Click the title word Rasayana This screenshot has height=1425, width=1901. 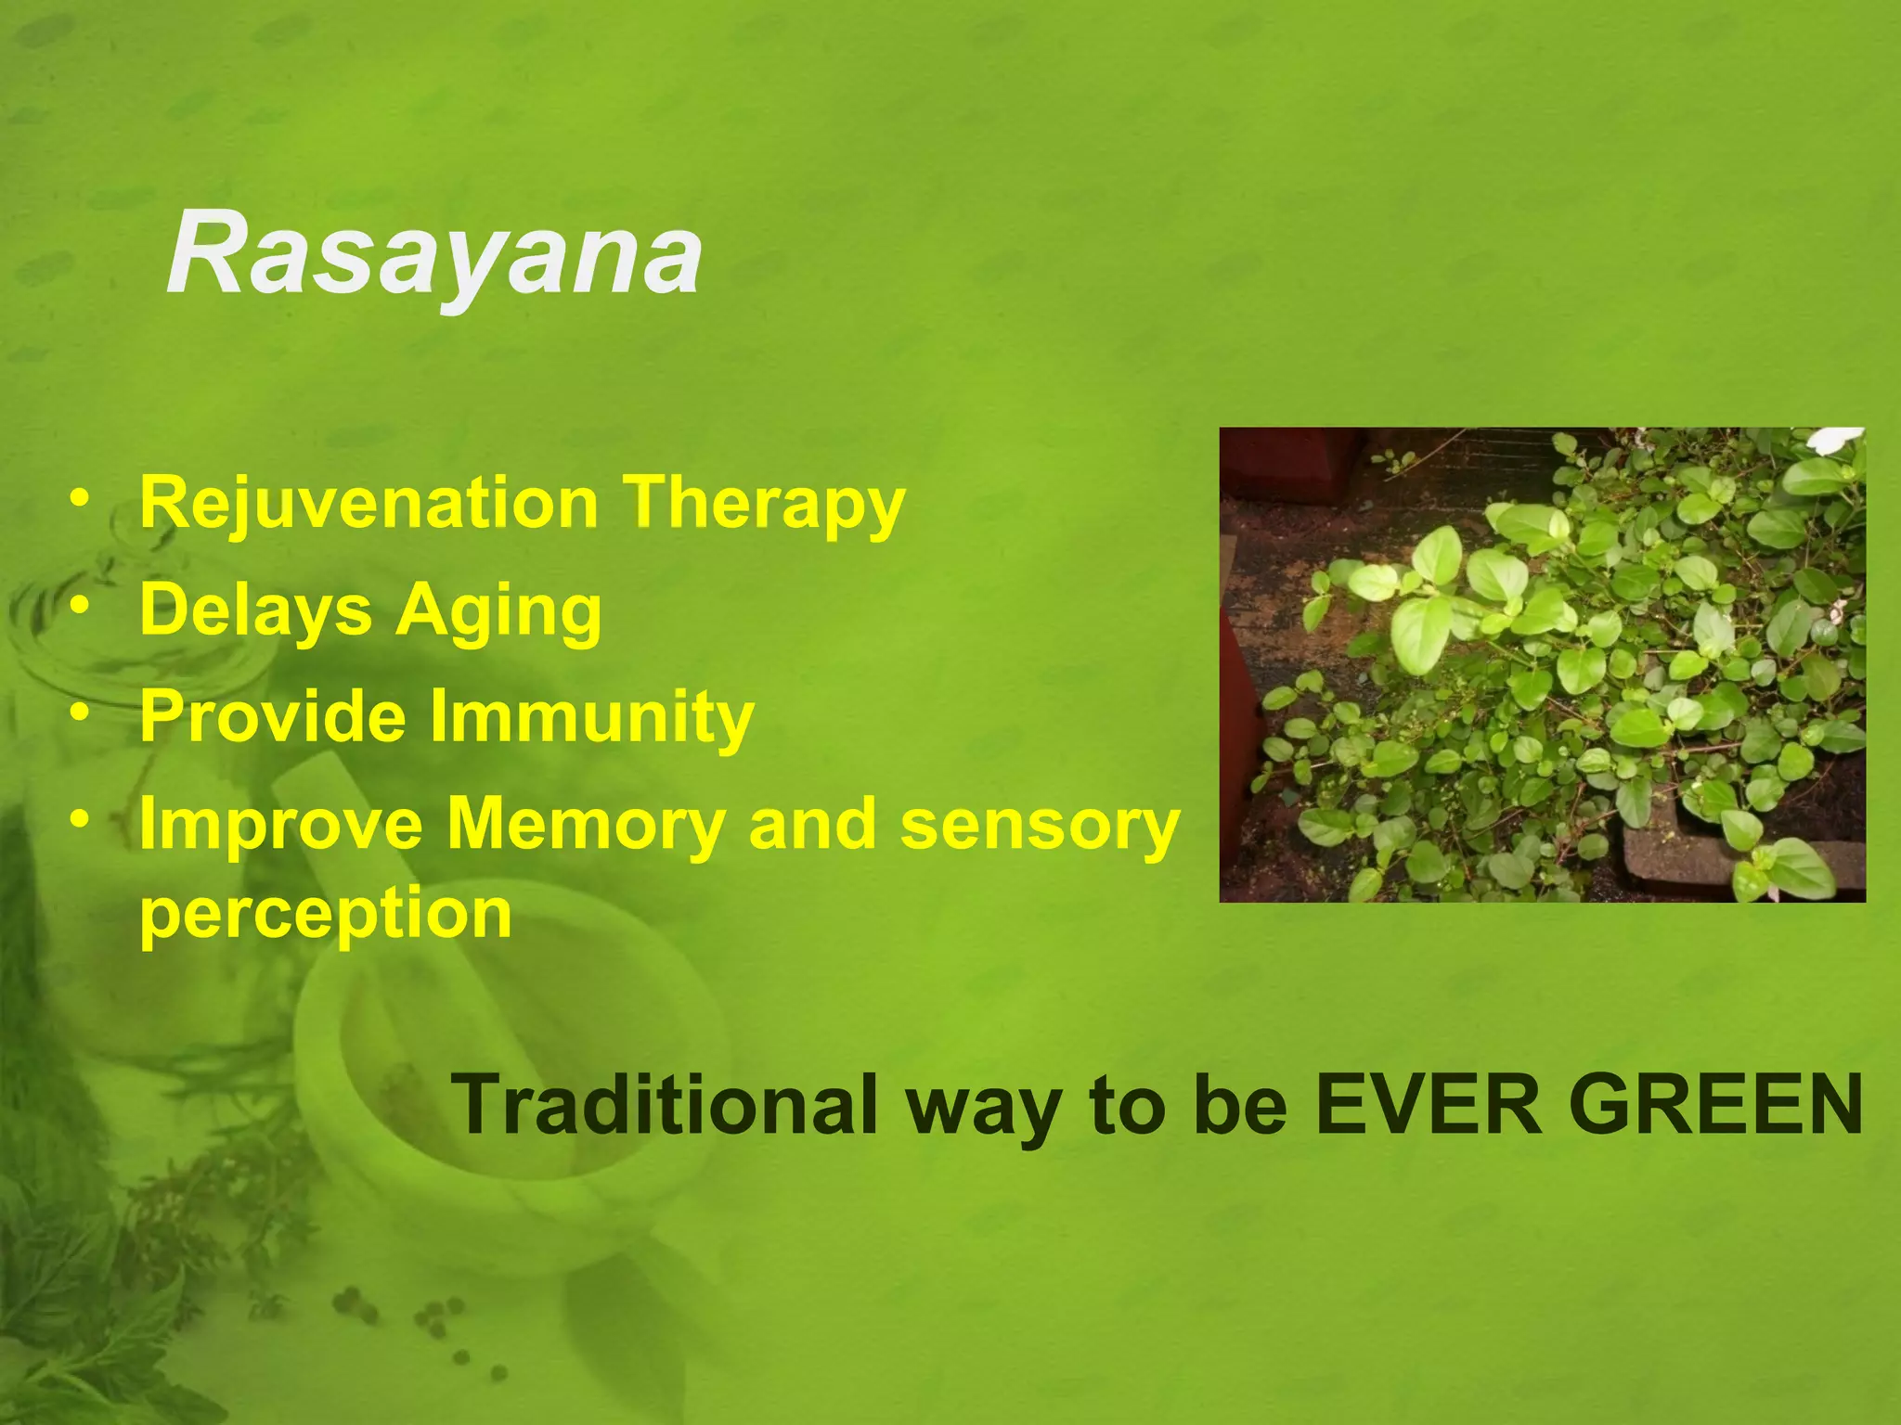pyautogui.click(x=433, y=253)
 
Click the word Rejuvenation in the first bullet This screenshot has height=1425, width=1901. pyautogui.click(x=369, y=503)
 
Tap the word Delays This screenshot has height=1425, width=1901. pyautogui.click(x=255, y=611)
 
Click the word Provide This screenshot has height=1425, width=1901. pyautogui.click(x=273, y=717)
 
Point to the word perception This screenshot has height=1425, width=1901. pyautogui.click(x=325, y=915)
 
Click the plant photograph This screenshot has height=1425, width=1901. pyautogui.click(x=1542, y=664)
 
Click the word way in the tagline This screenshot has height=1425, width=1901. pyautogui.click(x=984, y=1109)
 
